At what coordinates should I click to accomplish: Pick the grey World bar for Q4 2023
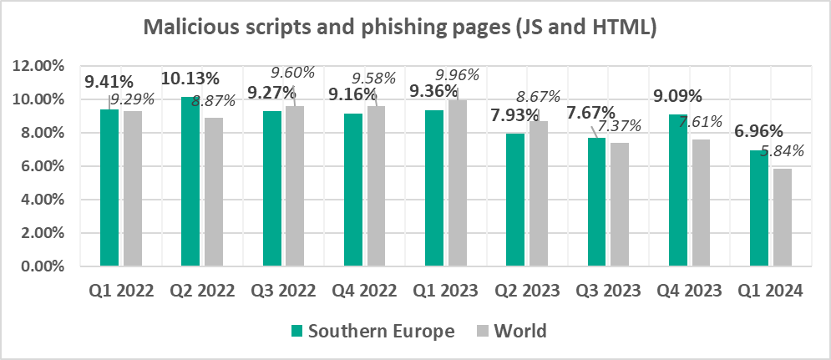700,203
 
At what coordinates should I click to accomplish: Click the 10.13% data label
191,79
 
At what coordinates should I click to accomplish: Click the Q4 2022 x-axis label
364,292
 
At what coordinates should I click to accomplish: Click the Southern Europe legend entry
372,331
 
